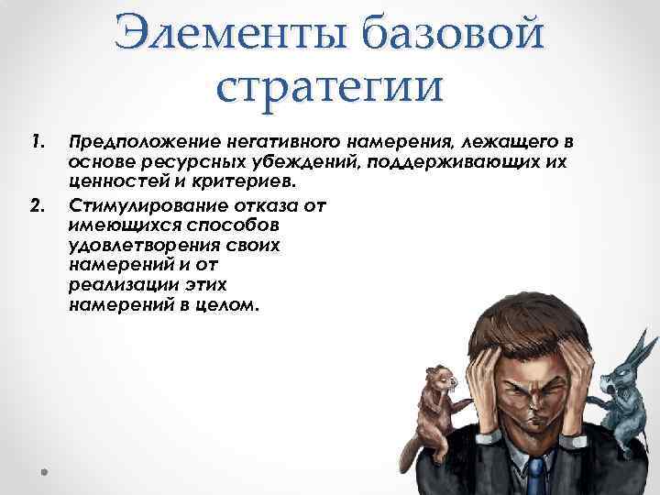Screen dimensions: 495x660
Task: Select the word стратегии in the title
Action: tap(330, 89)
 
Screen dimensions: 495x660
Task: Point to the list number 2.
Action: tap(36, 203)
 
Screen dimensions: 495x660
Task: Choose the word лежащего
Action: tap(507, 143)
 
